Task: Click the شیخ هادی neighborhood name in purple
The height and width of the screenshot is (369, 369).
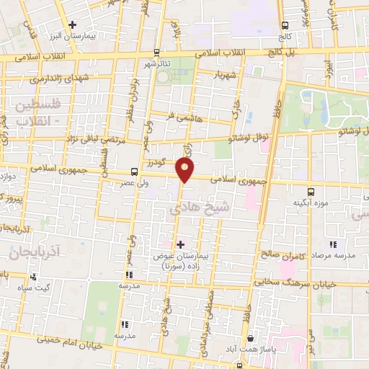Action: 192,209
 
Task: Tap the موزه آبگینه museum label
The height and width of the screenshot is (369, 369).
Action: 311,203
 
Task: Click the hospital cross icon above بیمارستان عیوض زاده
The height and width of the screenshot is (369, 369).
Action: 179,244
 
